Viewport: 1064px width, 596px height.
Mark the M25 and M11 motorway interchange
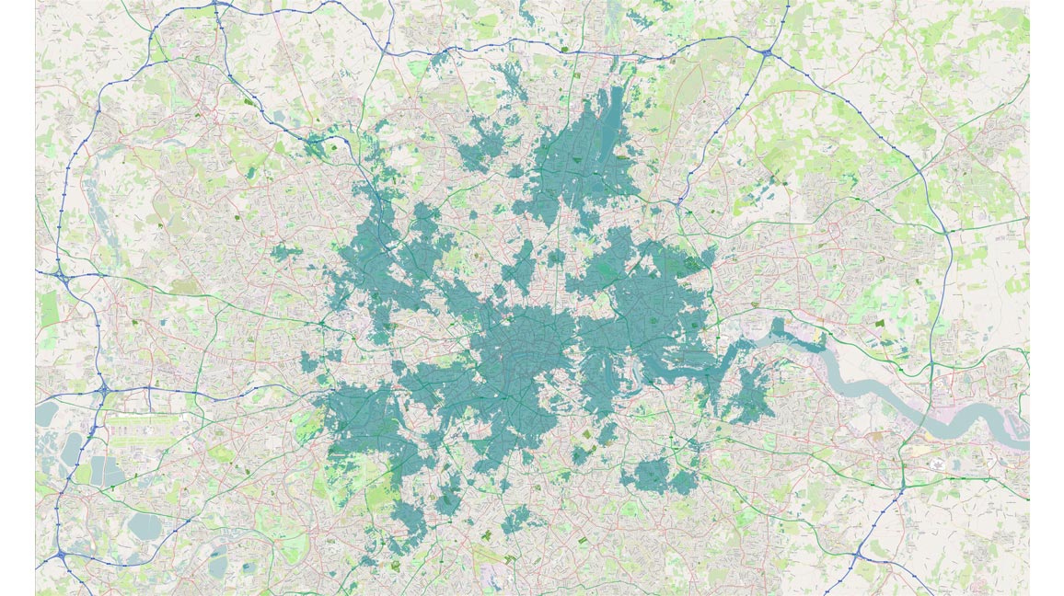click(x=766, y=52)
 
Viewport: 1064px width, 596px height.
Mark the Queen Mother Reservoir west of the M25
click(x=45, y=413)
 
